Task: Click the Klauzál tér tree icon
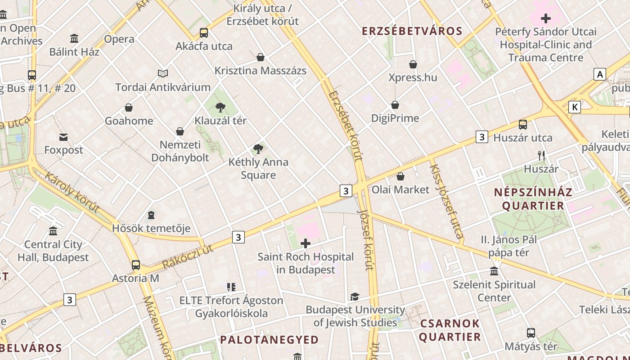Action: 220,107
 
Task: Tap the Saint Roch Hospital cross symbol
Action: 306,244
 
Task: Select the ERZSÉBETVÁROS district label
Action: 412,31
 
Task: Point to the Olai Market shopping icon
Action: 400,176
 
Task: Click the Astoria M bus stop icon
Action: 136,265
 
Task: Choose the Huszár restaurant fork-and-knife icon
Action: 541,156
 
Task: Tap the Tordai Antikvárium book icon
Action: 162,73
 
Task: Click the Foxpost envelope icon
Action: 63,137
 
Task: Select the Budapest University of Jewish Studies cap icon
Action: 355,297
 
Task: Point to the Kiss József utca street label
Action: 446,201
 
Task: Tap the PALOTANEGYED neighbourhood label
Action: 269,340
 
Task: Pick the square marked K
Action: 574,107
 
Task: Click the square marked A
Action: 599,74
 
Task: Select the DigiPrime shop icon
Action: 395,105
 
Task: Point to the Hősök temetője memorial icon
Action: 151,215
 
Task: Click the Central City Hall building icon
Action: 53,231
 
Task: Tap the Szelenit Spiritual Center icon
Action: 494,271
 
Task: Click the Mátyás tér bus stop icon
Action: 531,333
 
